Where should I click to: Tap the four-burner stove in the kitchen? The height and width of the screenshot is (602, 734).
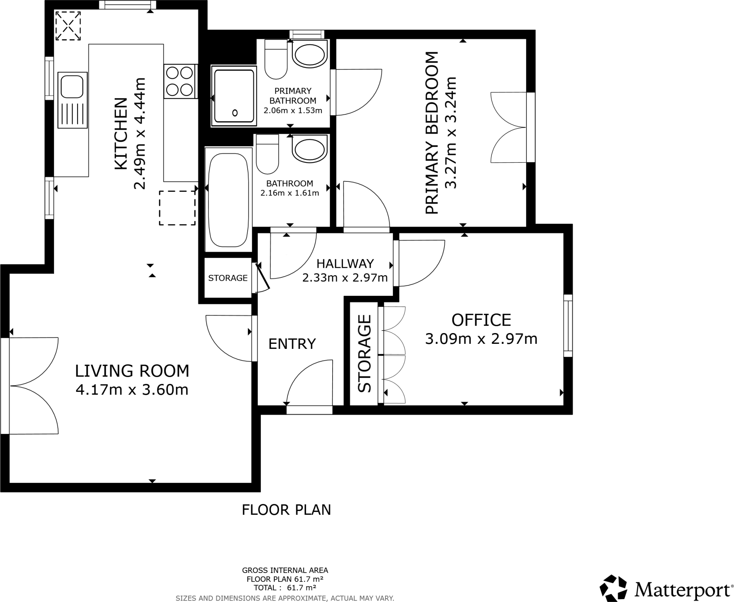pyautogui.click(x=180, y=81)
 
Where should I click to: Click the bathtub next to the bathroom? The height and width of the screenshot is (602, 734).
pyautogui.click(x=228, y=200)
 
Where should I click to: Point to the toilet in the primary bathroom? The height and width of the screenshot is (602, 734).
pyautogui.click(x=276, y=60)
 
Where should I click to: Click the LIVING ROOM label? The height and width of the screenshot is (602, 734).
pyautogui.click(x=132, y=371)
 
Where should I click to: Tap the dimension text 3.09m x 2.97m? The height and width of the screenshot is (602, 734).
pyautogui.click(x=481, y=338)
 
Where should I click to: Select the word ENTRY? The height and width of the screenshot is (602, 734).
pyautogui.click(x=292, y=344)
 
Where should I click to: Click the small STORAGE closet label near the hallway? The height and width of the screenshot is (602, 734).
pyautogui.click(x=228, y=278)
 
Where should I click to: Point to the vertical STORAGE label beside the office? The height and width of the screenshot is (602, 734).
pyautogui.click(x=364, y=353)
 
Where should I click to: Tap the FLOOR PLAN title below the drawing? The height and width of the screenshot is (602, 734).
pyautogui.click(x=286, y=509)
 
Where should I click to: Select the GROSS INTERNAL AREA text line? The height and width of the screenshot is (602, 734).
pyautogui.click(x=285, y=570)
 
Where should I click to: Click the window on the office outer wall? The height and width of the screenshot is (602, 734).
pyautogui.click(x=568, y=325)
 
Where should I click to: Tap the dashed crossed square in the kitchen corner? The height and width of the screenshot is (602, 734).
pyautogui.click(x=68, y=26)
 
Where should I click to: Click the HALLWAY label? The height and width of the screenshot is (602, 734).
pyautogui.click(x=345, y=264)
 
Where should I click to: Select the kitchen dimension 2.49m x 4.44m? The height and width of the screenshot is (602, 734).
pyautogui.click(x=139, y=133)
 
